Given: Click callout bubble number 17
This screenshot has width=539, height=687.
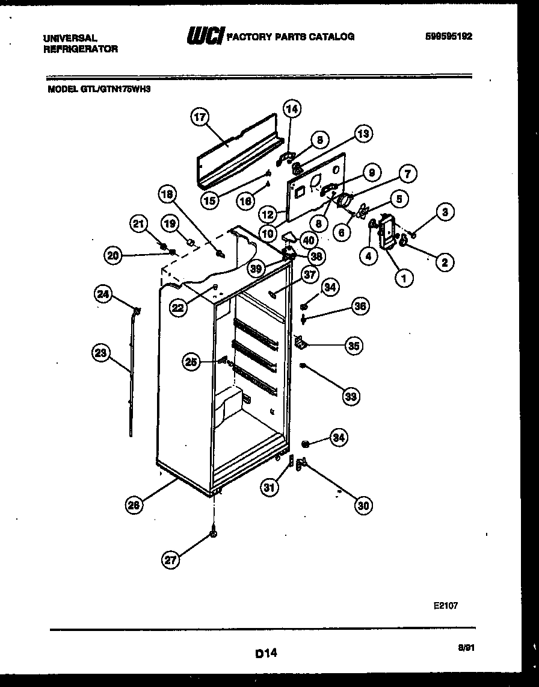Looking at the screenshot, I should pos(199,117).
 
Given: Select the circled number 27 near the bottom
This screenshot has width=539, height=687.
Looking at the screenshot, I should pos(171,560).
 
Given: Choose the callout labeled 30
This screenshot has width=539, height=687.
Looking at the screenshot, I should pos(362,506).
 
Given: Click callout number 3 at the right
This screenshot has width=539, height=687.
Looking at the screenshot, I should pos(445,211).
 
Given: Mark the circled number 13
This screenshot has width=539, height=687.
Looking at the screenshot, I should pos(363,134).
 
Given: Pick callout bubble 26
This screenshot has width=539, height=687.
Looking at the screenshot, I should pos(135,506).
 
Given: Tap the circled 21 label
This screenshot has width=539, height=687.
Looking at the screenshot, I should pos(139,225).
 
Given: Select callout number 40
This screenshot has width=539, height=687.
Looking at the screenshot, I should pos(308,240).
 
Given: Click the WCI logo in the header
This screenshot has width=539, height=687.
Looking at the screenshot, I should pos(205,37).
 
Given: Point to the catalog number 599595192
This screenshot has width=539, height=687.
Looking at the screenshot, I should pos(448,36).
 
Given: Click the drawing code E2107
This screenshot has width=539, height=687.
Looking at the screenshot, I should pos(445,606).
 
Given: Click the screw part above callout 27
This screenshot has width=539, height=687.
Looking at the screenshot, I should pos(214,533).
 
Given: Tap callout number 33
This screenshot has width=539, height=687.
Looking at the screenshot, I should pos(351,396).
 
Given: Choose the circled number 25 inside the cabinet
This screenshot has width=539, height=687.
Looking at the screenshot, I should pos(192,362).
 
